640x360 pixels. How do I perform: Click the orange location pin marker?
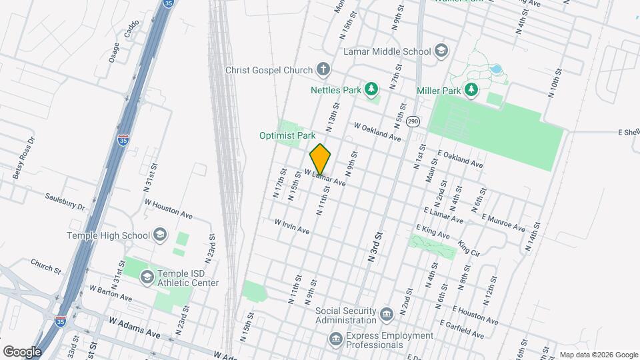[x=321, y=159]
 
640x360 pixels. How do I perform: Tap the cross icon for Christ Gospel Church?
[x=323, y=69]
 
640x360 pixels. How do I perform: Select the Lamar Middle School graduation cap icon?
[x=441, y=51]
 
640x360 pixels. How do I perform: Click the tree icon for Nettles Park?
[x=372, y=89]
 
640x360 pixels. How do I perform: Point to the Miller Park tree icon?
[x=472, y=89]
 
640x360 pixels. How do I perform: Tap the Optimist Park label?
[x=287, y=135]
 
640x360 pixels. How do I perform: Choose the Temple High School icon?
[x=159, y=235]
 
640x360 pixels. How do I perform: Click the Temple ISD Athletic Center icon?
[x=147, y=276]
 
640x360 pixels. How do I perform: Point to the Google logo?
[x=21, y=351]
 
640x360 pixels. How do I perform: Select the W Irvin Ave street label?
[x=292, y=227]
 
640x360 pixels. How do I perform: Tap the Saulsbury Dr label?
[x=65, y=202]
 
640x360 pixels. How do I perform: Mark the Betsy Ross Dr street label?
[x=23, y=160]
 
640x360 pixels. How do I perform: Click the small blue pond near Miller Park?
[x=495, y=69]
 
